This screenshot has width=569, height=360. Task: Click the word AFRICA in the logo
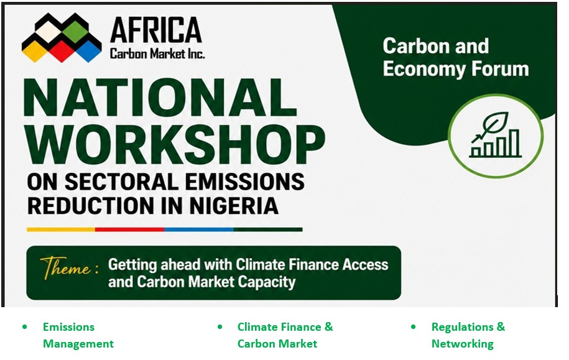click(156, 30)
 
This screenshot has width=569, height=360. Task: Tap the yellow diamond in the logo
click(35, 50)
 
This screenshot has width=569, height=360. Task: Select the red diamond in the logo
click(62, 50)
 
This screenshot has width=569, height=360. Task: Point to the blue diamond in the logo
click(88, 50)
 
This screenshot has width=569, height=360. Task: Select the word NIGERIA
click(233, 205)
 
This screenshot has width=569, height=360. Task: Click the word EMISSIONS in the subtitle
click(244, 181)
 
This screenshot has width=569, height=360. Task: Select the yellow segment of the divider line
click(61, 229)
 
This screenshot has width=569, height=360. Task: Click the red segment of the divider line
click(129, 229)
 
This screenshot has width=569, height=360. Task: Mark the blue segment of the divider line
click(199, 229)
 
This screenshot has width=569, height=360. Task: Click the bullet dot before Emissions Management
click(25, 327)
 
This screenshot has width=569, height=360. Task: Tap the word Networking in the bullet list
click(462, 343)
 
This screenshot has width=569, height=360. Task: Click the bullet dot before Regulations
click(414, 327)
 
